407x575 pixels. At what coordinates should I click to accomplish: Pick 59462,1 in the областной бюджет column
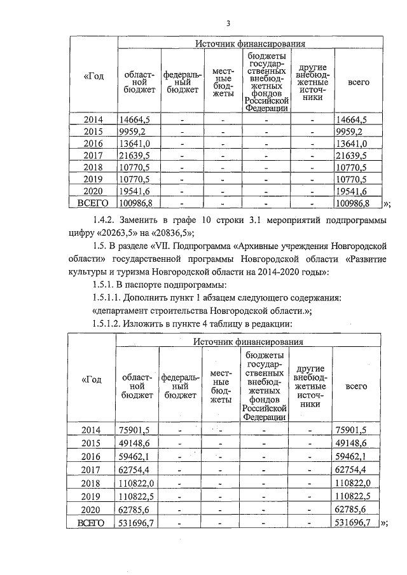[x=134, y=456]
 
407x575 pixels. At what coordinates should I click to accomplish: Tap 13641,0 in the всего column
[x=350, y=144]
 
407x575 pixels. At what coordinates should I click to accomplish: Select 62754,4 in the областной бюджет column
[x=134, y=470]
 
